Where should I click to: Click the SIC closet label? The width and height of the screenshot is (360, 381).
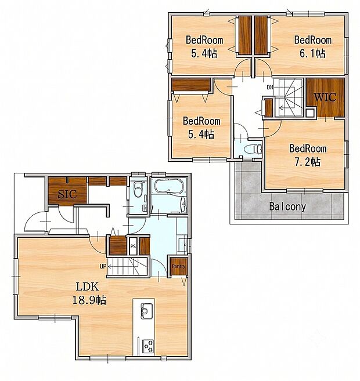67,194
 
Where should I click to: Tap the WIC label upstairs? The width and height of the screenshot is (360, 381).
325,97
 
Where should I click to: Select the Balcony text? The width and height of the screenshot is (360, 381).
287,206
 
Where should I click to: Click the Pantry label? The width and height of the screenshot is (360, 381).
178,266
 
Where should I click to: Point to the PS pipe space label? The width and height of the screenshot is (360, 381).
133,246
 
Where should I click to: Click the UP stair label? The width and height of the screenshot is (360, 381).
103,266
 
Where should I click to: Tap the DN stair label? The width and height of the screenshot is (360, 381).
270,87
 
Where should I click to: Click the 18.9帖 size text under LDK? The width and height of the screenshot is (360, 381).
89,300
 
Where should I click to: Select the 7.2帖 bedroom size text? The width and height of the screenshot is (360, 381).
308,162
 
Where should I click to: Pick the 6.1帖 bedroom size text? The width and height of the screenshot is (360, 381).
312,53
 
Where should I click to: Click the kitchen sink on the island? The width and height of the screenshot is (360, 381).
147,311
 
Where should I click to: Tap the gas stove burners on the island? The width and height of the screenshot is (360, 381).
148,346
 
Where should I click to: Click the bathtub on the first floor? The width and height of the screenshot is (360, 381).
168,186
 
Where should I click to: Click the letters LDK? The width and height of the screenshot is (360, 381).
87,286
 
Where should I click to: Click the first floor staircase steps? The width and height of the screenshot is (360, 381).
128,267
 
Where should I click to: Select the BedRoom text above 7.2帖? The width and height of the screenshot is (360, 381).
308,148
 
